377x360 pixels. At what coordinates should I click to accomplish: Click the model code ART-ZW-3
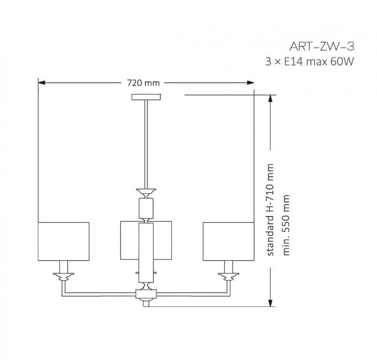click(x=322, y=47)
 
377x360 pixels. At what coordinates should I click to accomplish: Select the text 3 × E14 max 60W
click(x=310, y=62)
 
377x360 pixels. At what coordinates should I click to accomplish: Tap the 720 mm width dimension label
click(x=143, y=83)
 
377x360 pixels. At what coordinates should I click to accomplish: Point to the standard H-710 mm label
click(x=270, y=210)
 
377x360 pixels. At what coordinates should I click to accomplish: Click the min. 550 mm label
click(x=286, y=225)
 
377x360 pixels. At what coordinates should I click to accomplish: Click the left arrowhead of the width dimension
click(x=41, y=83)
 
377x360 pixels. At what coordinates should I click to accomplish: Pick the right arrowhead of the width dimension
click(x=250, y=83)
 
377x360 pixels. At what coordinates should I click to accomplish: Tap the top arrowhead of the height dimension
click(x=271, y=99)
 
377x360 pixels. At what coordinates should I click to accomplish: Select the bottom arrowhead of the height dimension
click(x=271, y=303)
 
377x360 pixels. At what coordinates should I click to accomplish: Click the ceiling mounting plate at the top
click(x=146, y=97)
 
